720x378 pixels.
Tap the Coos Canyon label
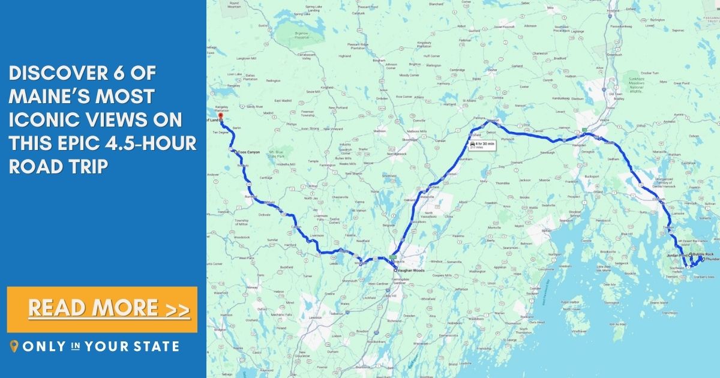click(247, 152)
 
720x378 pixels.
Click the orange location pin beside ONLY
click(14, 346)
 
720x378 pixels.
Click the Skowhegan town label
click(409, 139)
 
